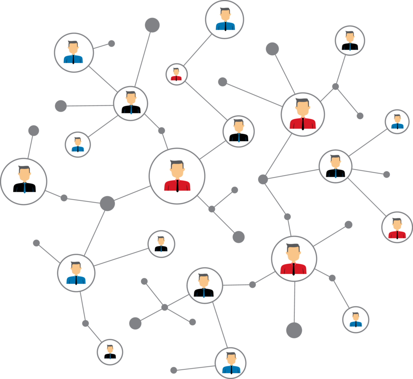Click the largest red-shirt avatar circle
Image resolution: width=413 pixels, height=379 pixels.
coord(177,176)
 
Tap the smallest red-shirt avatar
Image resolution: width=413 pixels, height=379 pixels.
coord(176,74)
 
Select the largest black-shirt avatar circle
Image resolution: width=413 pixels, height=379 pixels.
coord(24,181)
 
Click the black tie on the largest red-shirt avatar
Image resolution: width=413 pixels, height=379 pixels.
coord(177,185)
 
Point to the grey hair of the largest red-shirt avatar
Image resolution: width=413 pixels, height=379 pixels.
coord(177,163)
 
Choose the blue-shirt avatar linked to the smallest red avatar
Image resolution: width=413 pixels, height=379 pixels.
coord(225,19)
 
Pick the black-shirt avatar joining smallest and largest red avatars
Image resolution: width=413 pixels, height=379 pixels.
coord(238,131)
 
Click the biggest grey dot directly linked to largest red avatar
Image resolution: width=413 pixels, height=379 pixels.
coord(107,203)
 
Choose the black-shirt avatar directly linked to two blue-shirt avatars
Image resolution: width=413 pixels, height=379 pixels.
coord(130,103)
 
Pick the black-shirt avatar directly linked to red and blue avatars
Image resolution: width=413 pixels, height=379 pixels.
coord(335,166)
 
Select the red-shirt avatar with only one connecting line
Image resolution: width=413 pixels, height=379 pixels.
coord(397,227)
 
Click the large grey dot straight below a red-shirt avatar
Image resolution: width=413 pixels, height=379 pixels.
coord(294,330)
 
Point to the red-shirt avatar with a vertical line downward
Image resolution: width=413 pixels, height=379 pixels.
coord(294,258)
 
